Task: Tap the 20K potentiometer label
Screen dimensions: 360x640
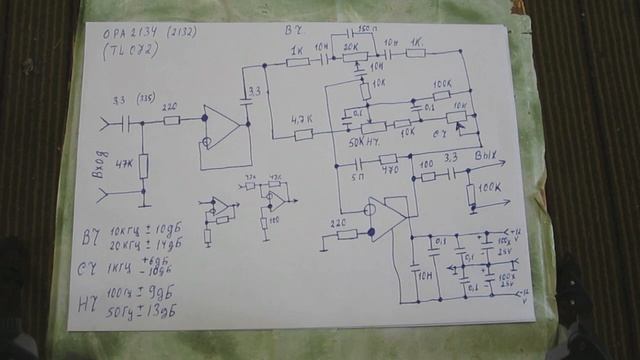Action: pyautogui.click(x=351, y=47)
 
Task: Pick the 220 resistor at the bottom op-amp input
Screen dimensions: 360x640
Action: pyautogui.click(x=346, y=233)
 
